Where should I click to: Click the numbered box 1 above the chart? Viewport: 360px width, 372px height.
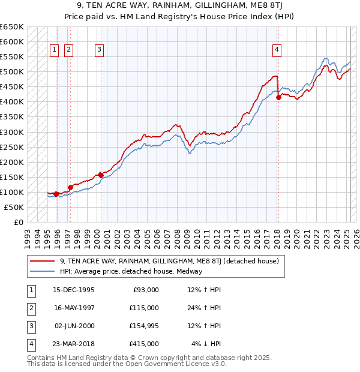[x=55, y=50]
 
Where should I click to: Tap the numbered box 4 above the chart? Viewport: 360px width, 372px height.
[x=277, y=50]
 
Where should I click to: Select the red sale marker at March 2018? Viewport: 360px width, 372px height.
[x=278, y=98]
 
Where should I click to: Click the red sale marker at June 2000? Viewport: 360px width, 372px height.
[x=100, y=175]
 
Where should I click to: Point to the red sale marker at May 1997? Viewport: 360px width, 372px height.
[x=70, y=187]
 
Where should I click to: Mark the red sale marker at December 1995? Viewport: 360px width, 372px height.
[x=56, y=194]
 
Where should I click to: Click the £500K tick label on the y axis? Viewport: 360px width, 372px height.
[x=11, y=72]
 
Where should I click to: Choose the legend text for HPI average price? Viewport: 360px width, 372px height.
[x=131, y=271]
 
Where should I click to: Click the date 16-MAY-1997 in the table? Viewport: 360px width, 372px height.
[x=74, y=308]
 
